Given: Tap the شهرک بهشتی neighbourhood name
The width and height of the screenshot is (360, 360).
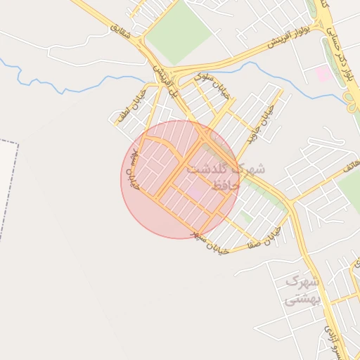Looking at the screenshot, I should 302,290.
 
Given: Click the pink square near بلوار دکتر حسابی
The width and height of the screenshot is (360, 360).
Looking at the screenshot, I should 323,73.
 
